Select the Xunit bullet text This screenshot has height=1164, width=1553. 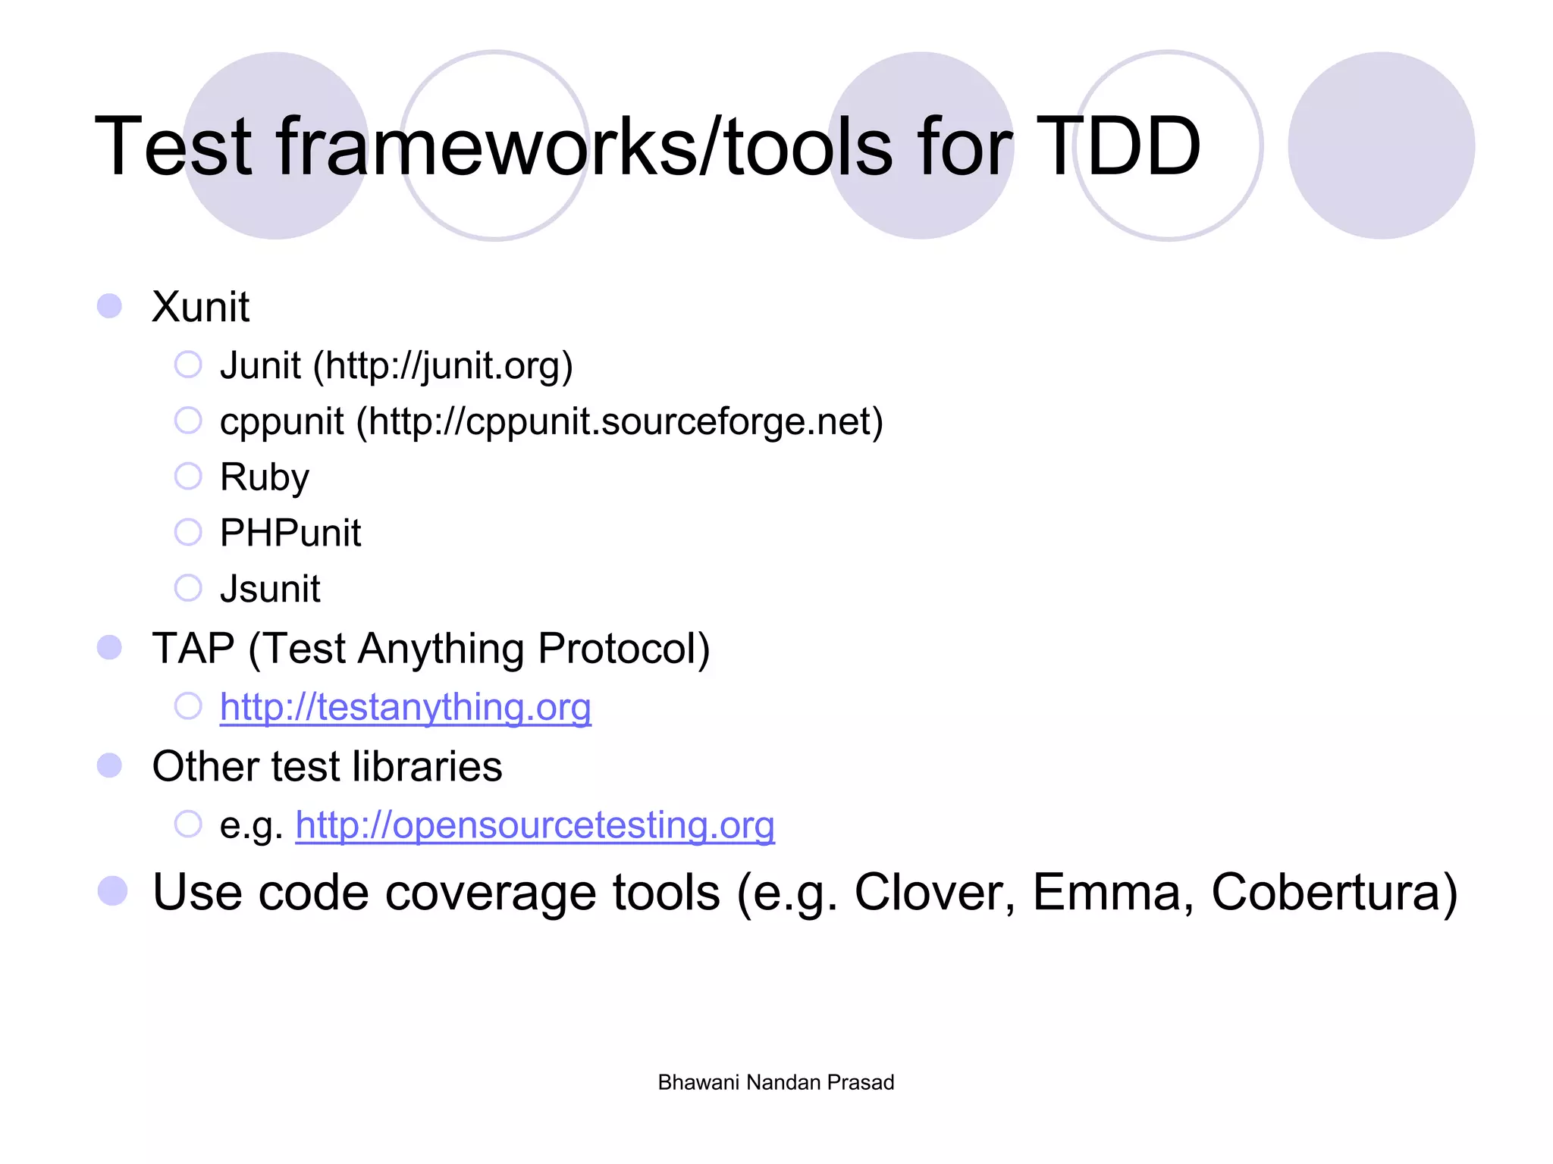tap(200, 307)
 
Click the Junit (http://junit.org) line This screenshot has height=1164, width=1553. tap(396, 366)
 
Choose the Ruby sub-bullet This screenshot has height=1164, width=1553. tap(265, 477)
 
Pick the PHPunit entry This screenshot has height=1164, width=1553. tap(290, 533)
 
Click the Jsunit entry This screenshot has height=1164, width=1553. tap(270, 589)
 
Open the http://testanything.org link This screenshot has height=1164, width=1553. tap(405, 707)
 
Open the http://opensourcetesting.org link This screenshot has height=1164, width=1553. tap(535, 825)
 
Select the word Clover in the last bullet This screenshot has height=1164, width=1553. tap(934, 892)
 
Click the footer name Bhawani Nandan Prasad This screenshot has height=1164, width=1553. tap(776, 1082)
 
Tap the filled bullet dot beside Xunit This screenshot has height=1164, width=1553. tap(110, 306)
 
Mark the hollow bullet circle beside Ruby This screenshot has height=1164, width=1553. tap(188, 477)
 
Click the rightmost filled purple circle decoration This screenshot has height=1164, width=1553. tap(1381, 145)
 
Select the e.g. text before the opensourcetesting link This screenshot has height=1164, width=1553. tap(251, 826)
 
